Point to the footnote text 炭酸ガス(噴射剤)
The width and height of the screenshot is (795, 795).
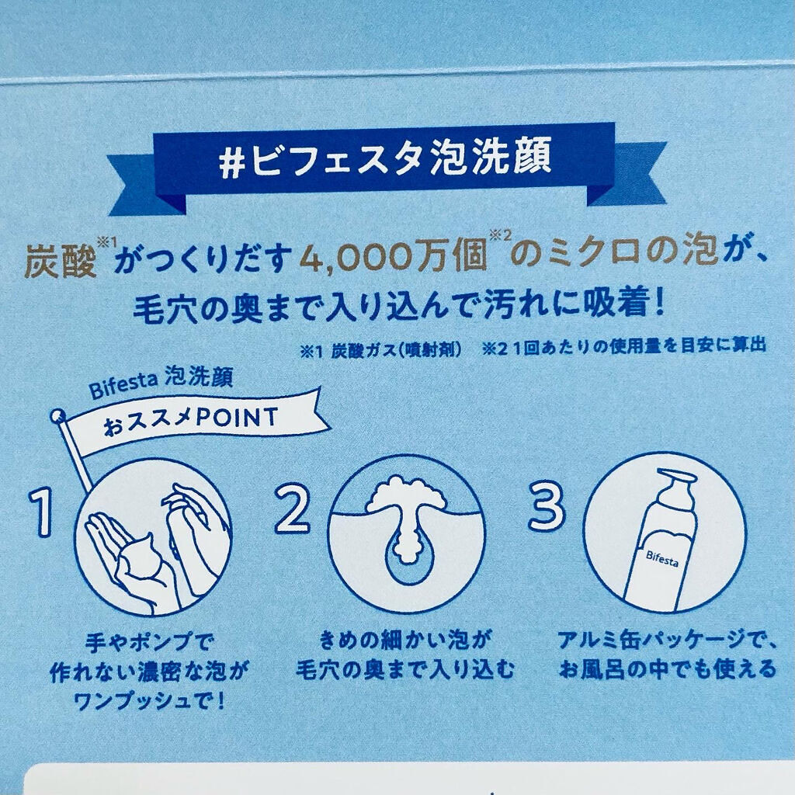396,351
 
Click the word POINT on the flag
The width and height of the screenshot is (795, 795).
237,418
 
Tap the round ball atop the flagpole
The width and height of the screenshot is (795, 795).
57,416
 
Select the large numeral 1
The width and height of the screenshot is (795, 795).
42,512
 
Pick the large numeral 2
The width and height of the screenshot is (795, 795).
293,509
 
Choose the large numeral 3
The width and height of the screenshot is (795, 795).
546,505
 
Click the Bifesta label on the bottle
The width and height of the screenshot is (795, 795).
662,559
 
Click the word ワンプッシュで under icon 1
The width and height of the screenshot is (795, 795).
143,701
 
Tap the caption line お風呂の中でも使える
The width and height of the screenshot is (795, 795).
668,668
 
